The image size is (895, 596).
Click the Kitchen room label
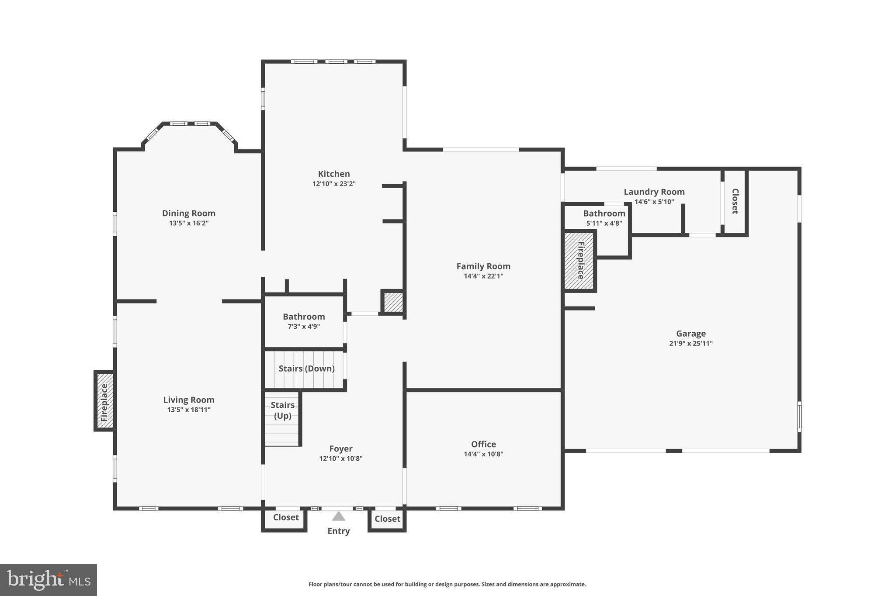334,174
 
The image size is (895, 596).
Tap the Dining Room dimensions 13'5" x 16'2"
189,223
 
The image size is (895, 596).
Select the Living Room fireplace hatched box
104,401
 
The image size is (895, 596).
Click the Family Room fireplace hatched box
579,261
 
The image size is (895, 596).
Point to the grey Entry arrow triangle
339,517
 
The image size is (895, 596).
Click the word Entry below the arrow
339,531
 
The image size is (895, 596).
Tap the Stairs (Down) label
306,369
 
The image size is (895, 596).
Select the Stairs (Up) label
282,410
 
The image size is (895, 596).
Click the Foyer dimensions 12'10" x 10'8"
341,458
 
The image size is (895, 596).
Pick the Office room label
483,444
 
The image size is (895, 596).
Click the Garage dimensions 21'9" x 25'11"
690,343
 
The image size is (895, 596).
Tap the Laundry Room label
654,192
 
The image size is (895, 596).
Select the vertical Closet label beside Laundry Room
735,201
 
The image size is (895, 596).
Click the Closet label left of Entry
286,517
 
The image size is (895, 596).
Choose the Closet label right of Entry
387,519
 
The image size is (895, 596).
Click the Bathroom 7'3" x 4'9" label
304,317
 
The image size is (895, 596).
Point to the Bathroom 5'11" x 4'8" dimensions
604,223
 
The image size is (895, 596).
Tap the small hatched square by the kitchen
393,302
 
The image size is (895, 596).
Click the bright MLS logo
49,580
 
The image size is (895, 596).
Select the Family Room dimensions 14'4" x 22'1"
483,276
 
